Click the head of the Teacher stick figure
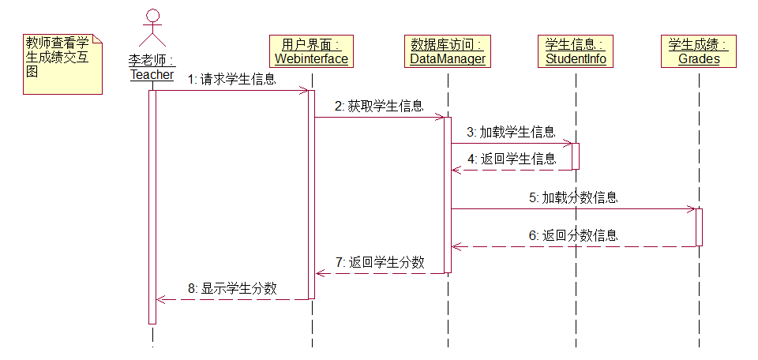pyautogui.click(x=152, y=16)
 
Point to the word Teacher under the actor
pyautogui.click(x=152, y=74)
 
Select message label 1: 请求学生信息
pyautogui.click(x=232, y=79)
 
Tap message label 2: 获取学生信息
pyautogui.click(x=378, y=106)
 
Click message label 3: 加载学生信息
pyautogui.click(x=511, y=132)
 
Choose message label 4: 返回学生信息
pyautogui.click(x=512, y=158)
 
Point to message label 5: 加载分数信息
pyautogui.click(x=573, y=197)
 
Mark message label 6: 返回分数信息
pyautogui.click(x=573, y=235)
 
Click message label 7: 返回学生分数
pyautogui.click(x=380, y=262)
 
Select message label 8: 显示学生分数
pyautogui.click(x=233, y=288)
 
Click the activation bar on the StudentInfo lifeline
pyautogui.click(x=576, y=156)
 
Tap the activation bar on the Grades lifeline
pyautogui.click(x=699, y=227)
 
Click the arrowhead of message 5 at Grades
pyautogui.click(x=692, y=209)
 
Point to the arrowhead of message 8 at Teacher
pyautogui.click(x=159, y=299)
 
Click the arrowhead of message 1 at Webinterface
pyautogui.click(x=304, y=91)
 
